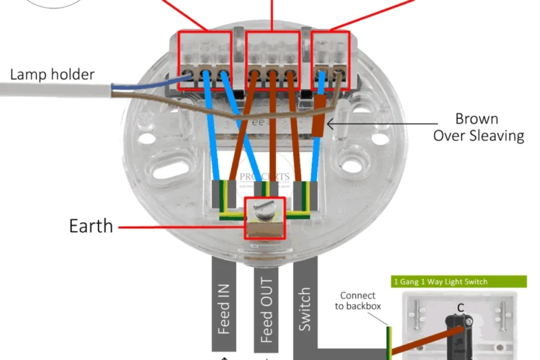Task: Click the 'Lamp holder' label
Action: [52, 74]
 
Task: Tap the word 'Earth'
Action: [91, 226]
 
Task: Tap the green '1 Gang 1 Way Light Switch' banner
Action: [458, 281]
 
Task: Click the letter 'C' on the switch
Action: [460, 308]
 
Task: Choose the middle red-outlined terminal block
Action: [272, 60]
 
